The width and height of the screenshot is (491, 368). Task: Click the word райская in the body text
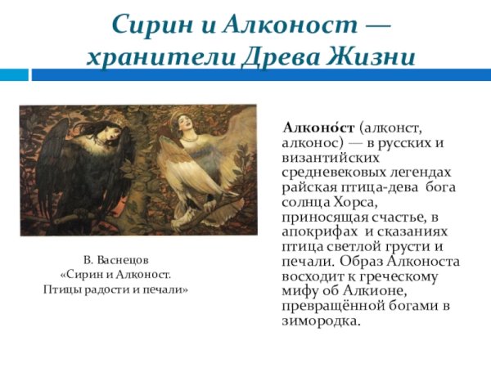[x=306, y=187]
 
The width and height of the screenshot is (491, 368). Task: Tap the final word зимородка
[x=320, y=321]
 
